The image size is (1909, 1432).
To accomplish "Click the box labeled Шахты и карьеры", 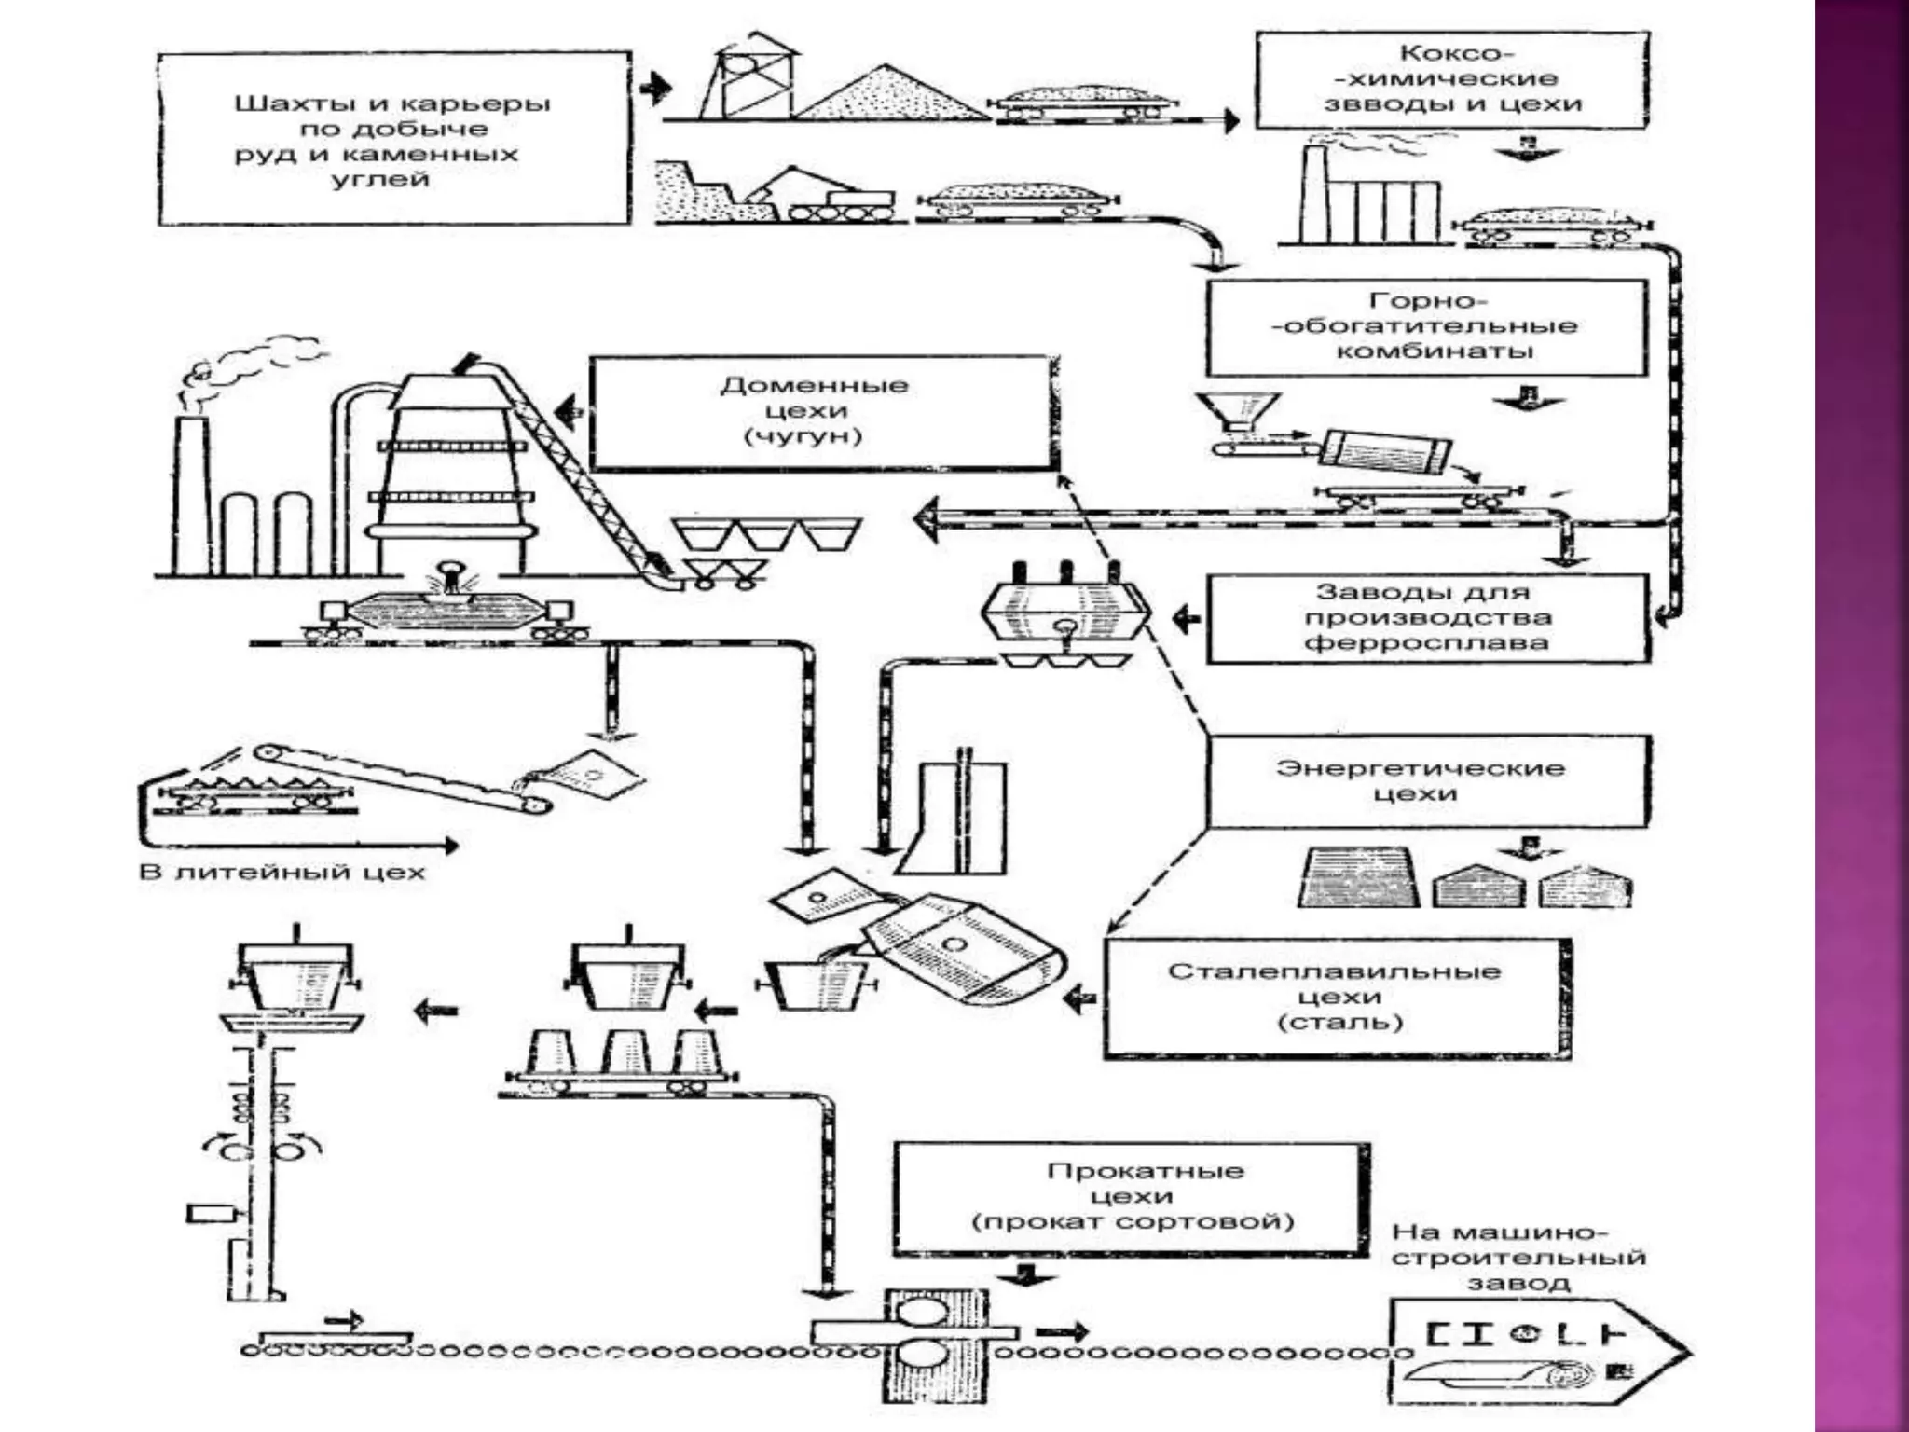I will tap(393, 138).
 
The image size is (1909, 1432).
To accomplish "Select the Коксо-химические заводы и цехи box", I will tap(1451, 79).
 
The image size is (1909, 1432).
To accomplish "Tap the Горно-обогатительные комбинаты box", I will tap(1426, 326).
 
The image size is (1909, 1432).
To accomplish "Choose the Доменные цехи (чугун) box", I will tap(820, 411).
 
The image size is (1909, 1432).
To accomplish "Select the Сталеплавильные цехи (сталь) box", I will tap(1335, 998).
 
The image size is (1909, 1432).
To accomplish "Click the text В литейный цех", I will tap(282, 874).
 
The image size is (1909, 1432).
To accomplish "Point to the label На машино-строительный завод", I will tap(1519, 1257).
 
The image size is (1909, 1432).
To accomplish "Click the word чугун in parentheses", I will tap(803, 436).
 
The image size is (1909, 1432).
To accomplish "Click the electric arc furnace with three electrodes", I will tap(1065, 611).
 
